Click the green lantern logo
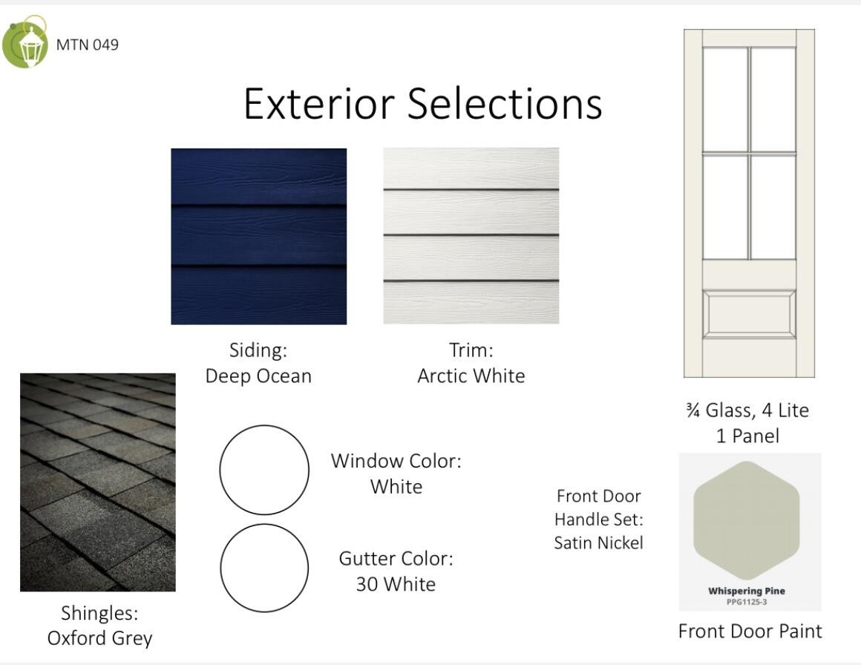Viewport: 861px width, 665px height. tap(24, 43)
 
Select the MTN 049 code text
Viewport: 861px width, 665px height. tap(88, 45)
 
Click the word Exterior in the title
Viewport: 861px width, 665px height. tap(319, 103)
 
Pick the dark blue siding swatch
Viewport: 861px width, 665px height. tap(258, 236)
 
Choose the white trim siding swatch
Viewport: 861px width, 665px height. tap(471, 235)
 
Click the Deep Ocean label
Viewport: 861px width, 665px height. tap(258, 376)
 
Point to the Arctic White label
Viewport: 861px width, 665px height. tap(471, 376)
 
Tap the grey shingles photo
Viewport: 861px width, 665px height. tap(98, 482)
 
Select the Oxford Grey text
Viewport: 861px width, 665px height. tap(99, 638)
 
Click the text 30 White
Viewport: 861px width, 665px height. tap(396, 584)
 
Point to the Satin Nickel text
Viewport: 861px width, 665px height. tap(598, 543)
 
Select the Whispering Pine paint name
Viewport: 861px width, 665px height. tap(747, 591)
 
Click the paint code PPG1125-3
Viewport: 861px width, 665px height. tap(747, 602)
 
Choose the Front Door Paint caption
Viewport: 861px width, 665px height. tap(750, 632)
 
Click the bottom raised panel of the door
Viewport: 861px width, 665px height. tap(749, 314)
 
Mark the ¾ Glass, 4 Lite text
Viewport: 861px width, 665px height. tap(747, 410)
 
